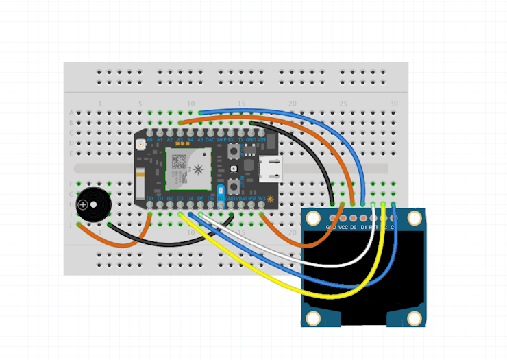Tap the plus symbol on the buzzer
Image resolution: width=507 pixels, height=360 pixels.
click(84, 204)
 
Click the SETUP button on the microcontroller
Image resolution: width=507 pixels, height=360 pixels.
click(234, 149)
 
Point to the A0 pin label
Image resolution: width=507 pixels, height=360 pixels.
click(149, 139)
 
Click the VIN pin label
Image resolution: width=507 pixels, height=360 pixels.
click(262, 139)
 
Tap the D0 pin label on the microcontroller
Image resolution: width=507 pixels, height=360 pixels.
click(149, 199)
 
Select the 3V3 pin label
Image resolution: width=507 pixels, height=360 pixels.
click(261, 199)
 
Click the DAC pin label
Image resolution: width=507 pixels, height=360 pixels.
click(210, 139)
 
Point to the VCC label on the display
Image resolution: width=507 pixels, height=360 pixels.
click(343, 226)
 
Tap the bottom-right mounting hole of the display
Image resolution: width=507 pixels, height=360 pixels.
click(415, 318)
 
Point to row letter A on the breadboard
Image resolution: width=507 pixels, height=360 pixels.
click(71, 112)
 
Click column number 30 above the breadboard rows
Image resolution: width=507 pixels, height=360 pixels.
click(393, 104)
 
